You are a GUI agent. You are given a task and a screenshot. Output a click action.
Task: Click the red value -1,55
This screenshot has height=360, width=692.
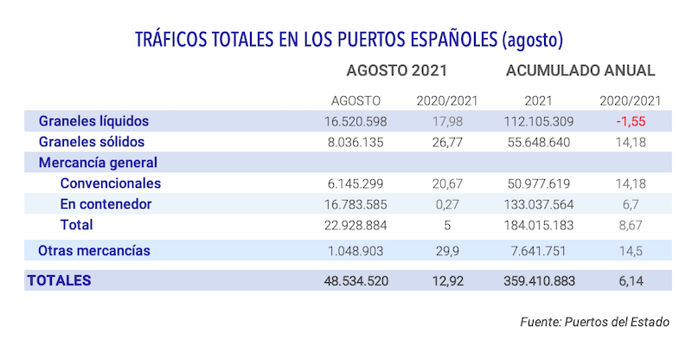pos(631,121)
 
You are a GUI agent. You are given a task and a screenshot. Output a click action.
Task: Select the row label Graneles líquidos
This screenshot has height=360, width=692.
pos(94,121)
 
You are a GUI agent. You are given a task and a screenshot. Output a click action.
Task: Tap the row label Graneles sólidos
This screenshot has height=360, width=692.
pos(91,142)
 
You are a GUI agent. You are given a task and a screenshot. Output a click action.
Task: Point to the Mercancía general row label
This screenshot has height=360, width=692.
pos(97,162)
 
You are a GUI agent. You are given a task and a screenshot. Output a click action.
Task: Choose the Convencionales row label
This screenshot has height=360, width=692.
pos(111,183)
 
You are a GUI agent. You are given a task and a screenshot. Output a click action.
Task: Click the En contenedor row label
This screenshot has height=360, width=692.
pos(106,204)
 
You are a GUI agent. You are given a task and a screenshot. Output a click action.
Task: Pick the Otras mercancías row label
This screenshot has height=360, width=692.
pos(94,251)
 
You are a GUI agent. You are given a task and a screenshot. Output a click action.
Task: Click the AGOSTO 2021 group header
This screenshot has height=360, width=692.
pos(396,70)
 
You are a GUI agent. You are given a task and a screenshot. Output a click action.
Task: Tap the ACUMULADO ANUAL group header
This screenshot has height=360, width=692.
pos(580,70)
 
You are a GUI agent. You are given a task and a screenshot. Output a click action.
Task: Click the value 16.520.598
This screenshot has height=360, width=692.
pos(356,121)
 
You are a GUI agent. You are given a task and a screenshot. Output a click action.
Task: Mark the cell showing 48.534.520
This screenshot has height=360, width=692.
pos(354,280)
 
